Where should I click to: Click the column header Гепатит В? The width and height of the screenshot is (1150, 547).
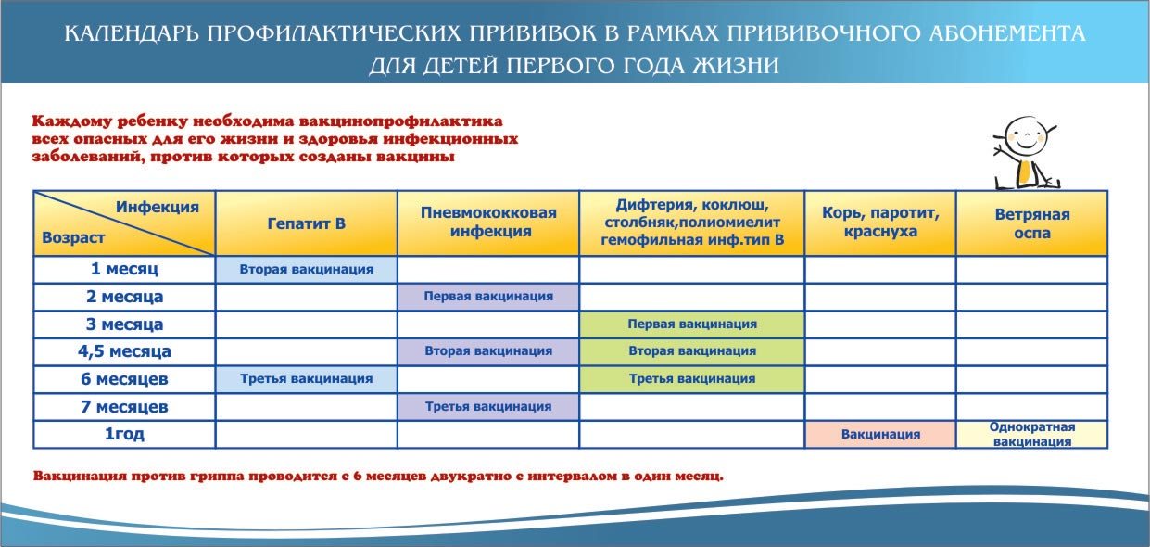tap(307, 223)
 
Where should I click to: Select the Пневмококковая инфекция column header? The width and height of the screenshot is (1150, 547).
tap(488, 222)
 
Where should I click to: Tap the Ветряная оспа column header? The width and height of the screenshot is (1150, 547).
tap(1032, 223)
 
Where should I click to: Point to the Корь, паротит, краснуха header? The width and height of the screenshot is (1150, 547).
tap(880, 222)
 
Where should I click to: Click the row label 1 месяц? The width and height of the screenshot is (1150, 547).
tap(124, 269)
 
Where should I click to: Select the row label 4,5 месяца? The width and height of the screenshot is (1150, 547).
tap(124, 351)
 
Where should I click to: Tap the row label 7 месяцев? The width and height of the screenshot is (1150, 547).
tap(124, 407)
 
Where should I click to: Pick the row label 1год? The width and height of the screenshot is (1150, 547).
tap(124, 434)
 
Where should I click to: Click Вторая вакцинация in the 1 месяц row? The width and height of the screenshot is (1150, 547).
tap(307, 269)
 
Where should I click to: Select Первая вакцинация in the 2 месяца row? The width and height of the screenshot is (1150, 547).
tap(488, 297)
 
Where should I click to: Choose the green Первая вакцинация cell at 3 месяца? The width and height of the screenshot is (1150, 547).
tap(692, 324)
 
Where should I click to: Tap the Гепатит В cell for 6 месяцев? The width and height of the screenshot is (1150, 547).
tap(307, 379)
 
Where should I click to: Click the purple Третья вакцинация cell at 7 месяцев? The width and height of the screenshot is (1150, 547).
tap(488, 407)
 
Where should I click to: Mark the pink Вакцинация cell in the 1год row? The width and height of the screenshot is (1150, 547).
tap(880, 435)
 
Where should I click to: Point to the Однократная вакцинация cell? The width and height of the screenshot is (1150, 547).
tap(1032, 435)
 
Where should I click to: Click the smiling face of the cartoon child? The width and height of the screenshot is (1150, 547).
tap(1025, 134)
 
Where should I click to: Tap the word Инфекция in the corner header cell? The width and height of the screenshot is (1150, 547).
tap(158, 207)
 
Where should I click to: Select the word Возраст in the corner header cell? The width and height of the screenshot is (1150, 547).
tap(73, 237)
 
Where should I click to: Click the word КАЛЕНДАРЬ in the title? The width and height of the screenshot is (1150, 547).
tap(132, 34)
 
